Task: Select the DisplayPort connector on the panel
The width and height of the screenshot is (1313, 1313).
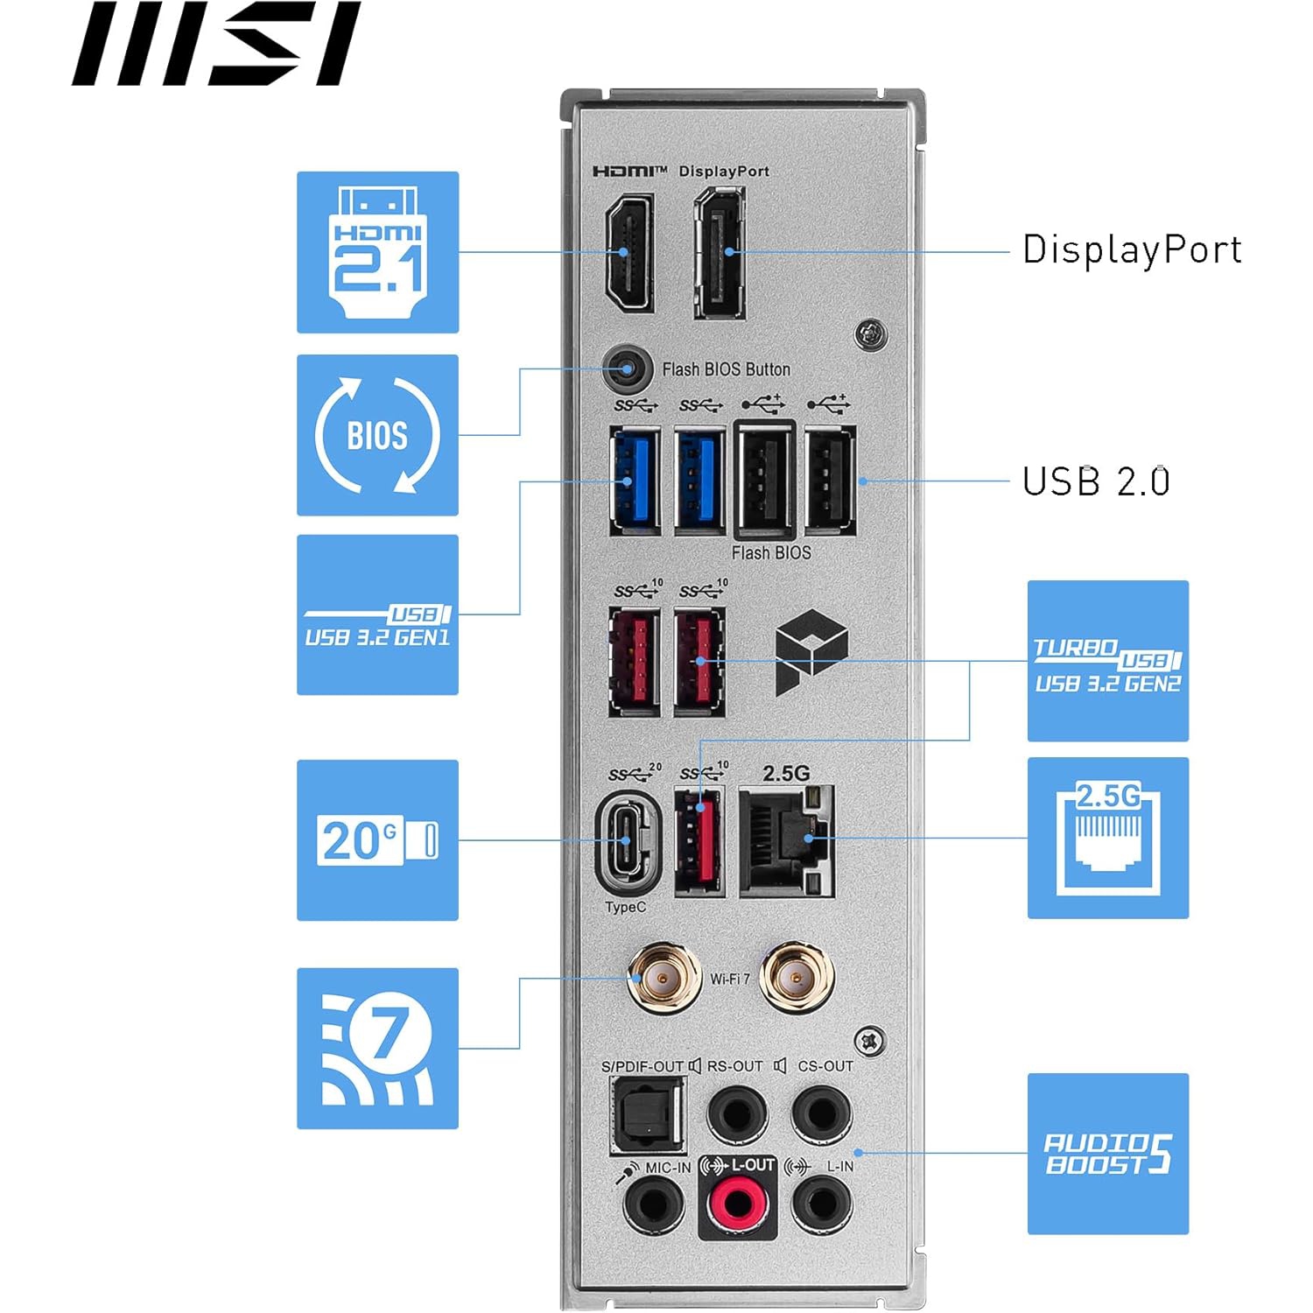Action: point(720,253)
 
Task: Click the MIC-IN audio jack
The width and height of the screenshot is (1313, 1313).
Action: point(653,1204)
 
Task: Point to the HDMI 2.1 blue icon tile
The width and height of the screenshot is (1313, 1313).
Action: point(377,252)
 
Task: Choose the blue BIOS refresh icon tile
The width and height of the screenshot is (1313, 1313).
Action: point(377,435)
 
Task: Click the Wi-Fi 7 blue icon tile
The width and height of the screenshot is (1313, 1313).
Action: point(377,1048)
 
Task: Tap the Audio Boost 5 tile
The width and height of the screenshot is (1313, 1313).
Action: point(1107,1153)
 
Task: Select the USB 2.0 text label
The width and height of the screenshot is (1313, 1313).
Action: point(1096,481)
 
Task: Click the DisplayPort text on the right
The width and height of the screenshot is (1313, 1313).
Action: point(1132,249)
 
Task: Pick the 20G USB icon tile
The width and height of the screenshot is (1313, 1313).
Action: point(377,840)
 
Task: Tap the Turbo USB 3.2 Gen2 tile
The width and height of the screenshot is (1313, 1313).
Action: point(1107,661)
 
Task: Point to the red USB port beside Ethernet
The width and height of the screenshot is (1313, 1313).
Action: point(699,841)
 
